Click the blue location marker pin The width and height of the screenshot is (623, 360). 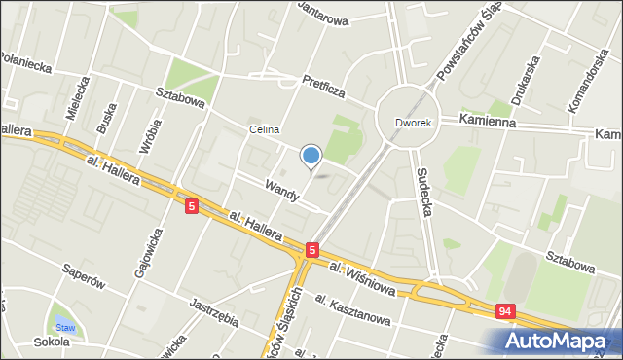(311, 156)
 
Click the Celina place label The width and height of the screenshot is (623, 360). (264, 129)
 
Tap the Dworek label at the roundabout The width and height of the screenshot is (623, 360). (412, 123)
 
